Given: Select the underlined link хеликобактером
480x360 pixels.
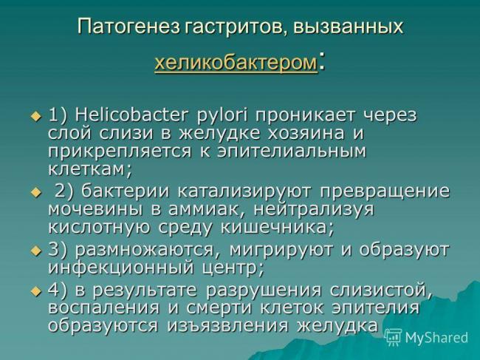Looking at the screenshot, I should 236,64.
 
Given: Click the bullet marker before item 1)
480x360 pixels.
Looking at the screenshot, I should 35,117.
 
